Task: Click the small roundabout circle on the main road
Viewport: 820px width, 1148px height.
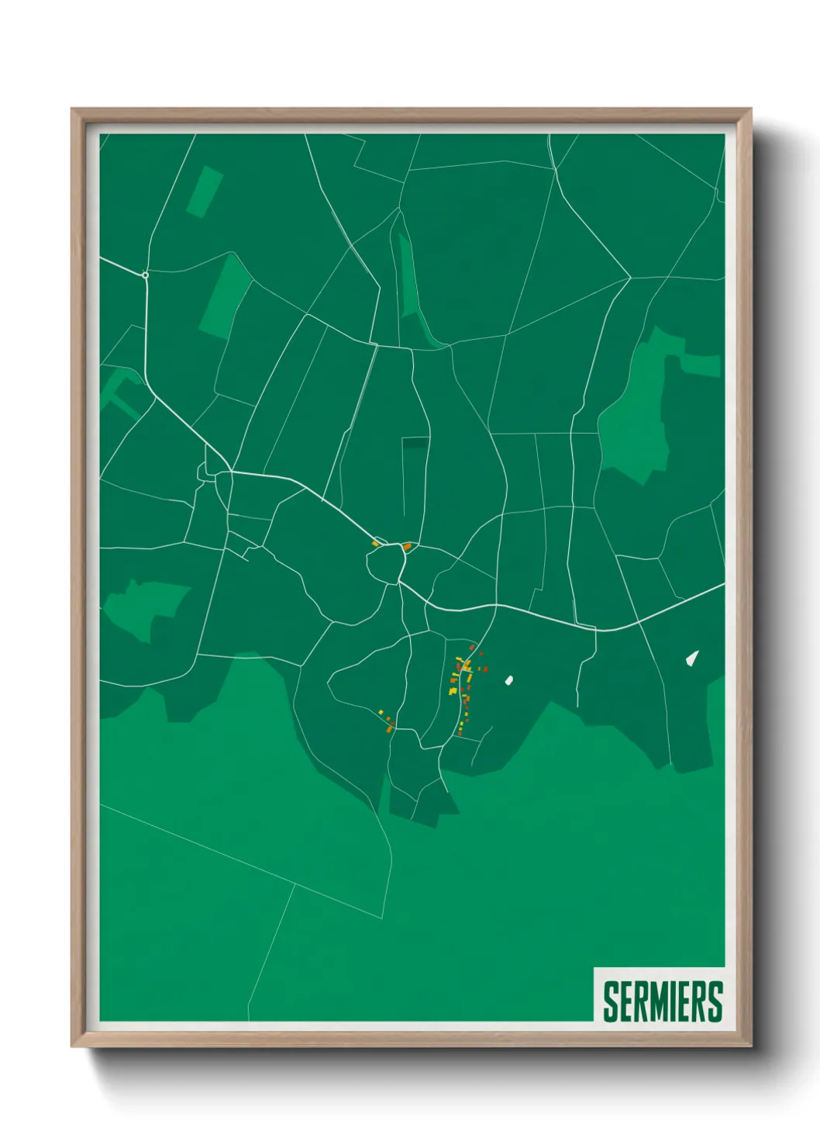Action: tap(145, 275)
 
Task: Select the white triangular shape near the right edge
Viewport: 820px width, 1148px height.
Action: tap(692, 658)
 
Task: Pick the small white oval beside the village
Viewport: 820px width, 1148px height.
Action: tap(508, 680)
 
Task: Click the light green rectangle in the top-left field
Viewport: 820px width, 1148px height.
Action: tap(205, 192)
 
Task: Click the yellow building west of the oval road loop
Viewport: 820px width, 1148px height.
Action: tap(375, 544)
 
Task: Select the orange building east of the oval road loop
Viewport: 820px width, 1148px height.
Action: tap(408, 546)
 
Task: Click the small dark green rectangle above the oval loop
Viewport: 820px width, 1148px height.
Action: tap(415, 443)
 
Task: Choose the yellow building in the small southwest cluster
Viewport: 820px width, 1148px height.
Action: tap(381, 712)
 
